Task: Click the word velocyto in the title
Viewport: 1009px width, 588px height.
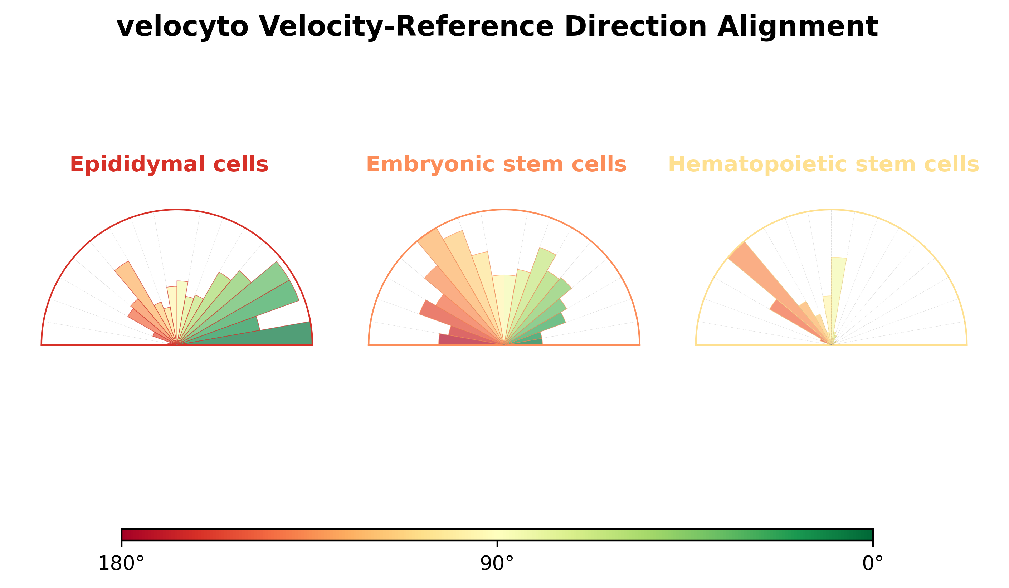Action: tap(182, 27)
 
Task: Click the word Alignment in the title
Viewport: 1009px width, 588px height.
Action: tap(797, 27)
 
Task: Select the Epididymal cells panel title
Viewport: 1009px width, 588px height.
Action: tap(169, 165)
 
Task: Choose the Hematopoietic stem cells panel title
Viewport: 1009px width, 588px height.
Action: tap(823, 165)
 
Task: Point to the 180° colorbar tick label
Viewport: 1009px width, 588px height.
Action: tap(121, 564)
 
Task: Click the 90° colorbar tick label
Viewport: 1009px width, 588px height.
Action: tap(497, 564)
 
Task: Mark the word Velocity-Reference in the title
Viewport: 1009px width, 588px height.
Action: tap(406, 27)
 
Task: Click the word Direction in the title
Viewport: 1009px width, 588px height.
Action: tap(635, 27)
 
